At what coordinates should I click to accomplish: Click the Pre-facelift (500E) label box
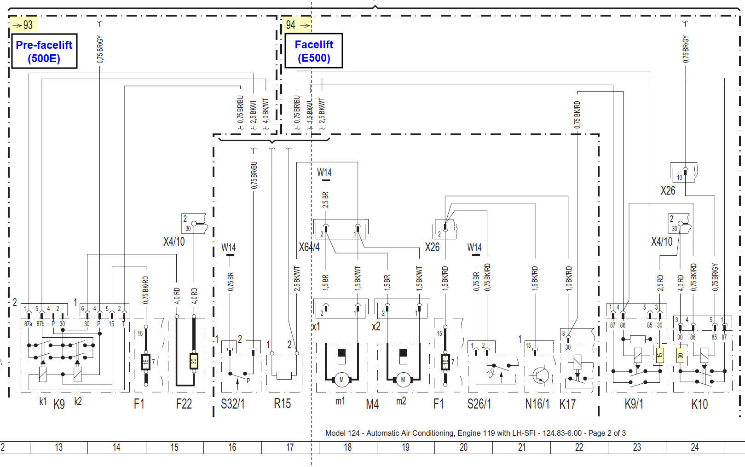[44, 52]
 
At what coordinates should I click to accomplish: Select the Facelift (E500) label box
[314, 51]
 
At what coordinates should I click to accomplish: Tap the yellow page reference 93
[23, 24]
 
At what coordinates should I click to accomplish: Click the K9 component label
[59, 404]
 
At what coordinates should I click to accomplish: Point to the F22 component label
[184, 404]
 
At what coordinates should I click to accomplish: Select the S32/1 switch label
[233, 404]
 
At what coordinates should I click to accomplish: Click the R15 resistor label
[282, 404]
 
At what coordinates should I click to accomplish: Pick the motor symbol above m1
[341, 380]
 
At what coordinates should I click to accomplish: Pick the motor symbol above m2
[403, 380]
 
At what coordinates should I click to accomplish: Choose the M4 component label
[372, 404]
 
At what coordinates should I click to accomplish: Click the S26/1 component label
[479, 404]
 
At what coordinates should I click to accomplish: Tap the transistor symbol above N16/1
[540, 375]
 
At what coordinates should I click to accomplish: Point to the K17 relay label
[567, 404]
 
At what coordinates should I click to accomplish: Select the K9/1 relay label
[634, 404]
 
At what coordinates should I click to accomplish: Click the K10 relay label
[699, 404]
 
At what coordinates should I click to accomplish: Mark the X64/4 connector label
[309, 248]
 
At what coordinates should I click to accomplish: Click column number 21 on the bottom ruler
[521, 447]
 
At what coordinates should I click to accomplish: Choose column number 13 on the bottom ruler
[58, 447]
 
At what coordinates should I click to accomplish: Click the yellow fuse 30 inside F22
[194, 361]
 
